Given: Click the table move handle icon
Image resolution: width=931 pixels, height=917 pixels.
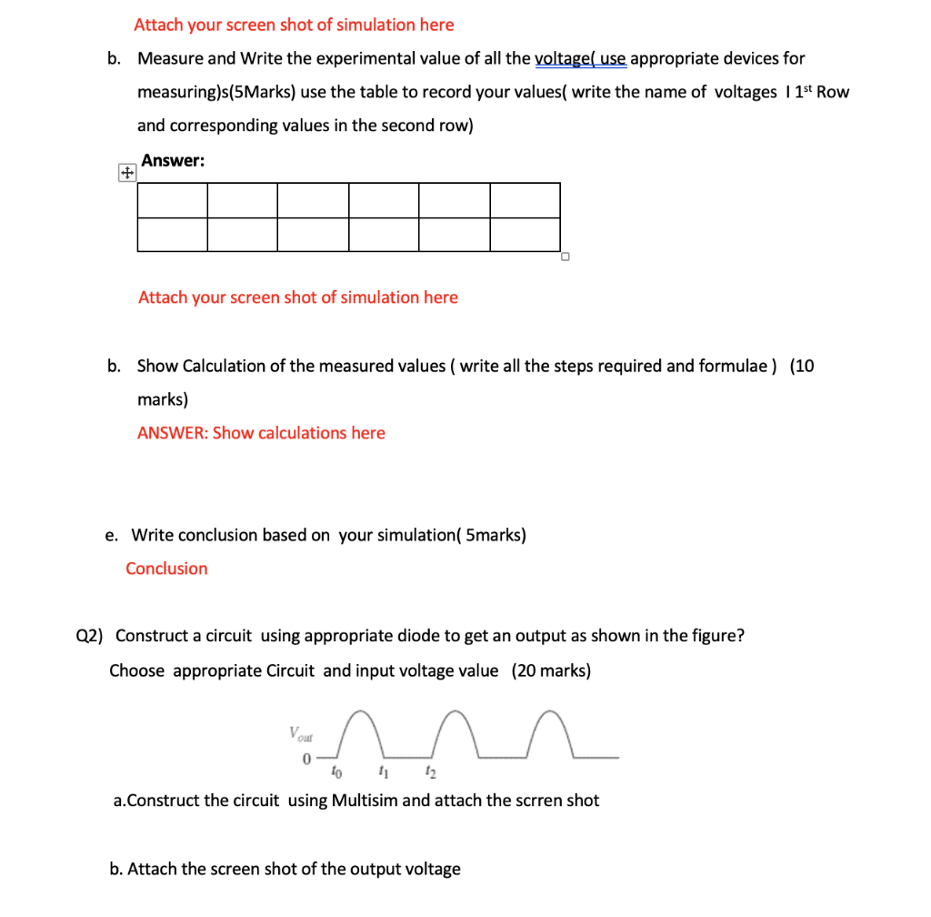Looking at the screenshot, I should [x=126, y=173].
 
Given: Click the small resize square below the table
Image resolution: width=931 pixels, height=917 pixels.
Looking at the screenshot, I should [x=565, y=257].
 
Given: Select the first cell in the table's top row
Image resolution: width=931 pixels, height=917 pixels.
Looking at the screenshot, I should [x=173, y=200].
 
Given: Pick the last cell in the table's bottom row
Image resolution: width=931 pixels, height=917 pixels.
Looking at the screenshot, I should [x=525, y=235].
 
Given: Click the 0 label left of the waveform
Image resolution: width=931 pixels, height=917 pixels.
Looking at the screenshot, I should [x=306, y=758].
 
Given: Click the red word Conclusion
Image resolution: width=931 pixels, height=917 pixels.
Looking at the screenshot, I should [x=166, y=569].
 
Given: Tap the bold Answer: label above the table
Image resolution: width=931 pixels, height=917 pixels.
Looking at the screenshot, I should [x=173, y=161].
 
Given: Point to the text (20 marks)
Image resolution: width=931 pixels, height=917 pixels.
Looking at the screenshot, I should [x=551, y=671].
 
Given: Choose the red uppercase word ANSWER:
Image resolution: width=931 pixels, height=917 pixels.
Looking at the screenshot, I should [x=173, y=433].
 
